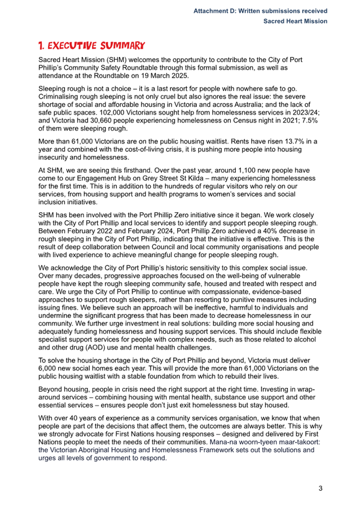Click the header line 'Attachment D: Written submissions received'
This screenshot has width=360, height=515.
click(260, 11)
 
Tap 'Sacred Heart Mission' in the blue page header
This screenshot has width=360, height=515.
click(295, 21)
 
